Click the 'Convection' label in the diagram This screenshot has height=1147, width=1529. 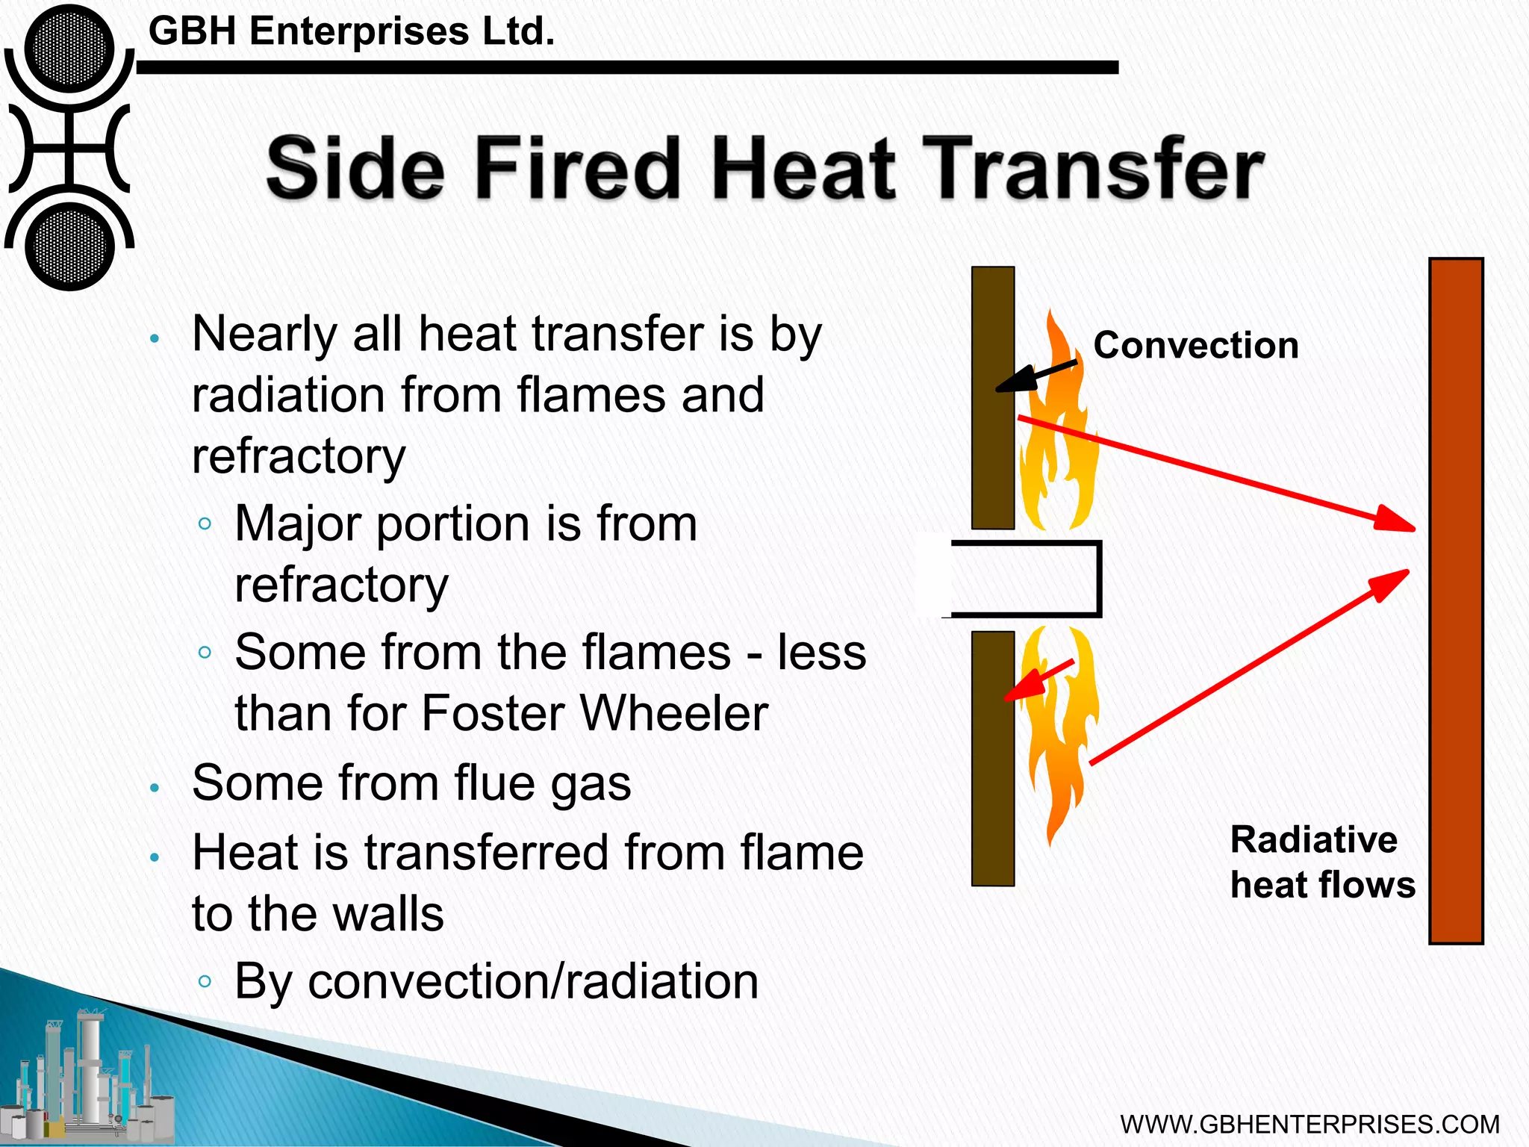(1195, 346)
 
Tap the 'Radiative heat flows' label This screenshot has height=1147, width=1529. (1321, 862)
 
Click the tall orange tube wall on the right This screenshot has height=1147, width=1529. (1455, 600)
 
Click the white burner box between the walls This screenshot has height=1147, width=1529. (1023, 579)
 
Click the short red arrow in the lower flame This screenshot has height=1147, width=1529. (1039, 680)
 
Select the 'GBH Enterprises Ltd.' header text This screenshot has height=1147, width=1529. (352, 31)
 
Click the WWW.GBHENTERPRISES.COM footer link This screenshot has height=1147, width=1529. (1310, 1125)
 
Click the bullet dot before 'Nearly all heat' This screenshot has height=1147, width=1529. (155, 339)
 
